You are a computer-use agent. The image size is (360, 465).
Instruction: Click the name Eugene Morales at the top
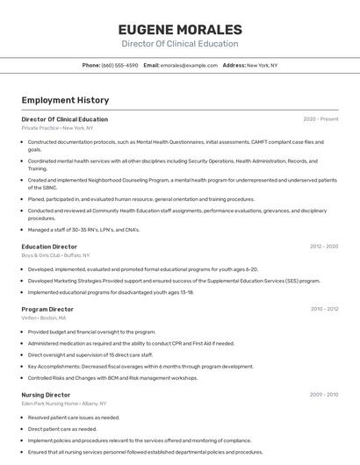point(179,29)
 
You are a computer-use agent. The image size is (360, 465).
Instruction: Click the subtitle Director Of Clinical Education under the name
point(179,44)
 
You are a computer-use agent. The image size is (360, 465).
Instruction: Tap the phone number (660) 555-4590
point(119,65)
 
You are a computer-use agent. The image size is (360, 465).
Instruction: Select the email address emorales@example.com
point(189,65)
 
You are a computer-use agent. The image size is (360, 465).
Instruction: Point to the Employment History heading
point(65,101)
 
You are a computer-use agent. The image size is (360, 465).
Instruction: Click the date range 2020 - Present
point(320,119)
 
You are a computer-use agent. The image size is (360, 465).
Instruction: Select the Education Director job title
point(49,247)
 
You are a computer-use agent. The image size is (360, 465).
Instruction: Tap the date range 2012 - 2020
point(324,247)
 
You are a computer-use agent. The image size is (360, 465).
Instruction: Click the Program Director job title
point(47,309)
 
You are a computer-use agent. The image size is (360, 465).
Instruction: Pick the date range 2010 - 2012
point(324,309)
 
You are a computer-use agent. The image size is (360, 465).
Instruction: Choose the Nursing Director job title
point(46,395)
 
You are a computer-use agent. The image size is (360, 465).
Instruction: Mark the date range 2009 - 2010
point(324,395)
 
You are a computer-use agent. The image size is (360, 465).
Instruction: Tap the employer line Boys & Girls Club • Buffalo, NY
point(55,255)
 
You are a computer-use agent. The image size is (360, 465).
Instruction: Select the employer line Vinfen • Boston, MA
point(44,318)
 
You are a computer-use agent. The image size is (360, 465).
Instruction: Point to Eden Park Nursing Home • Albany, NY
point(64,404)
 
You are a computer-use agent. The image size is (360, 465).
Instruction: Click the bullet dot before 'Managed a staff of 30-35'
point(23,230)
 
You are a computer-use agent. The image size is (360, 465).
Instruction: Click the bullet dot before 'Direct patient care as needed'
point(23,429)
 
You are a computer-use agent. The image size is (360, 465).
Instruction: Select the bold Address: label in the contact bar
point(234,65)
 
